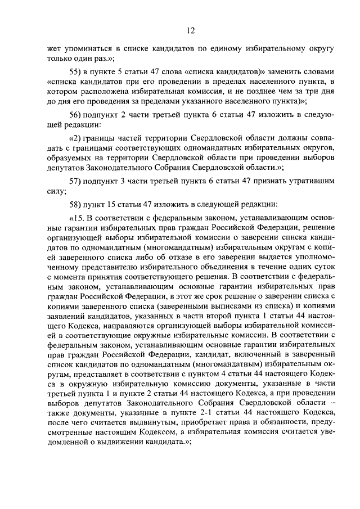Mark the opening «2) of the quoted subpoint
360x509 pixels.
tap(75, 138)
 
